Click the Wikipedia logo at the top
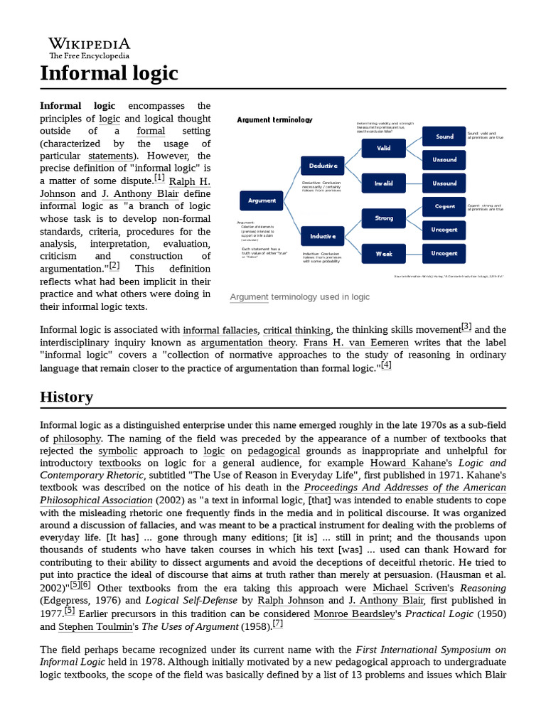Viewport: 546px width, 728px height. tap(89, 48)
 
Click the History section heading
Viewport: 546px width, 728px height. tap(66, 397)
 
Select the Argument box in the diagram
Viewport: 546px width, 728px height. tap(262, 201)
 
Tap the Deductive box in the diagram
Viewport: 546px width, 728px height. tap(323, 166)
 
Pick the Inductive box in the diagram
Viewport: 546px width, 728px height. tap(323, 235)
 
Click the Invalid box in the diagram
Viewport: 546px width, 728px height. tap(384, 183)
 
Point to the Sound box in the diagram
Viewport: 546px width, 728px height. tap(444, 136)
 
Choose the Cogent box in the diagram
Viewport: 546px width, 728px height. tap(444, 206)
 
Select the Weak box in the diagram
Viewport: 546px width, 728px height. tap(384, 253)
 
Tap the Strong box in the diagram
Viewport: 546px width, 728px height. tap(384, 218)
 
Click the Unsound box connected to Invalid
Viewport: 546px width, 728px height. tap(444, 183)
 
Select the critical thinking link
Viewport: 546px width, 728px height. tap(296, 330)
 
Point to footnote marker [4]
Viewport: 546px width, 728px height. tap(386, 365)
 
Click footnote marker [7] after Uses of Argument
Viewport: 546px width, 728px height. tap(277, 624)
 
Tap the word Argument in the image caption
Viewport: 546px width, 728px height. tap(249, 296)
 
